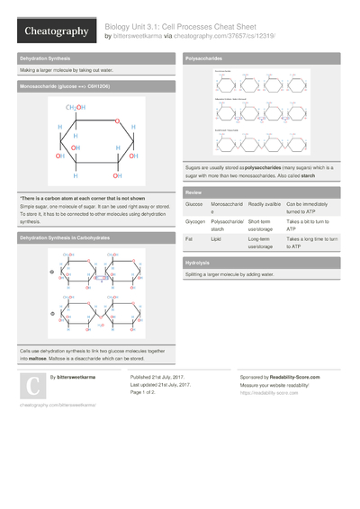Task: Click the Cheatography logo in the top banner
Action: click(x=55, y=31)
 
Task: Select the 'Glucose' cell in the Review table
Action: click(x=193, y=205)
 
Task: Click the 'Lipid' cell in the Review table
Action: click(x=217, y=238)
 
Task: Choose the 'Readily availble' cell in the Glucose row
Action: click(x=265, y=205)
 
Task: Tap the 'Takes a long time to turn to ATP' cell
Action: click(x=311, y=242)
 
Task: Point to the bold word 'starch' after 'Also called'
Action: click(x=307, y=176)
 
